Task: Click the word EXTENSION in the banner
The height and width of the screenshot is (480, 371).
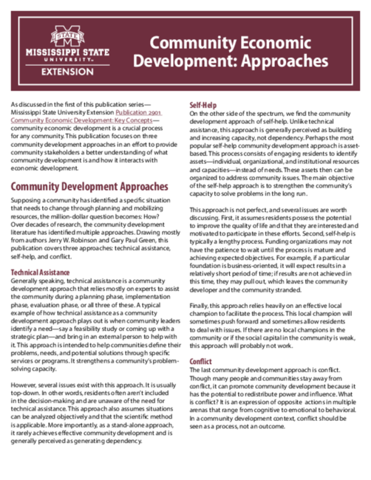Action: [67, 72]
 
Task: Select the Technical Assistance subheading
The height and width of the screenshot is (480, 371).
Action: [40, 272]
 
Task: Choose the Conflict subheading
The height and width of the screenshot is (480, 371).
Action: [200, 361]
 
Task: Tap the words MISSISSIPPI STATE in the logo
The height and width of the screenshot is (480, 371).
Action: [67, 53]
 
